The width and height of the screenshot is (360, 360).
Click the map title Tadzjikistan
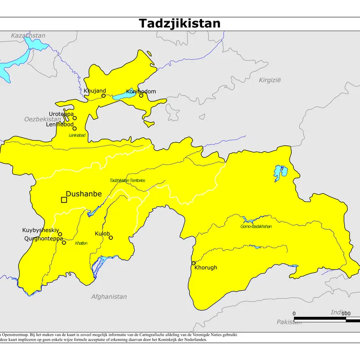(x=180, y=23)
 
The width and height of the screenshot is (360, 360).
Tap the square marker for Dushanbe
(x=63, y=200)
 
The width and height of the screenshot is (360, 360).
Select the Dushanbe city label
(x=84, y=194)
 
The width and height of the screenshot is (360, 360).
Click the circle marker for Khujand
(x=103, y=95)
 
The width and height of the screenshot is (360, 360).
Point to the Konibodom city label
(x=141, y=91)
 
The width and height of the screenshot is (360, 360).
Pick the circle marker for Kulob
(x=111, y=238)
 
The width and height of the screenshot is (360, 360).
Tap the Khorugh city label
(x=206, y=267)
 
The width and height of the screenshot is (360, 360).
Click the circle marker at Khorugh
(x=193, y=263)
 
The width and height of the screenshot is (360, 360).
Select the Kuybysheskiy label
(x=41, y=230)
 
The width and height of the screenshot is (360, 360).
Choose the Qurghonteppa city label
(x=44, y=238)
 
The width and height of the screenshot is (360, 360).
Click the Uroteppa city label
(x=61, y=114)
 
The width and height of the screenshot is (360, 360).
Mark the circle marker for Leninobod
(x=75, y=128)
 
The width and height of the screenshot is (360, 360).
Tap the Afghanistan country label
(x=109, y=297)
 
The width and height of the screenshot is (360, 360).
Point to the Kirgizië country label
(x=270, y=80)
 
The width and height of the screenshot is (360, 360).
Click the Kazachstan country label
(x=28, y=36)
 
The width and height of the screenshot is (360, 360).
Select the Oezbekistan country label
(x=42, y=119)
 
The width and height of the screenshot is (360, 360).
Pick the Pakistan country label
(x=289, y=322)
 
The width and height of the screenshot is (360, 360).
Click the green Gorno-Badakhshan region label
(x=256, y=226)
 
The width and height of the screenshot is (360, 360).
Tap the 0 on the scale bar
(x=294, y=313)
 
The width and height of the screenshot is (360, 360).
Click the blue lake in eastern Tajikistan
(x=279, y=172)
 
